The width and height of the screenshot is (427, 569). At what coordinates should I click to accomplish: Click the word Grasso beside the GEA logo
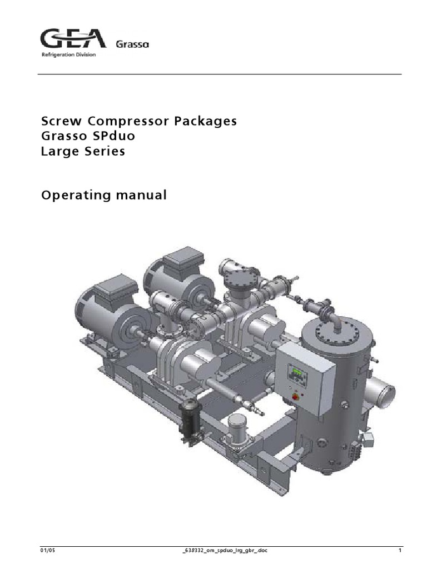coord(132,44)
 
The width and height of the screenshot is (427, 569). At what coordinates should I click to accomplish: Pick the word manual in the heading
coord(143,195)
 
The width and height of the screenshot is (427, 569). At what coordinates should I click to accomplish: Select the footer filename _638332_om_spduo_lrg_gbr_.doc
coord(221,551)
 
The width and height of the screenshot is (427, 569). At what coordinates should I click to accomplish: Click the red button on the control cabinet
coord(295,397)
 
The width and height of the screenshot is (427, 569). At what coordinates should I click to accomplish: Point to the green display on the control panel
coord(296,372)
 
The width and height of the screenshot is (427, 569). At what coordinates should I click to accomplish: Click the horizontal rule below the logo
coord(219,74)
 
